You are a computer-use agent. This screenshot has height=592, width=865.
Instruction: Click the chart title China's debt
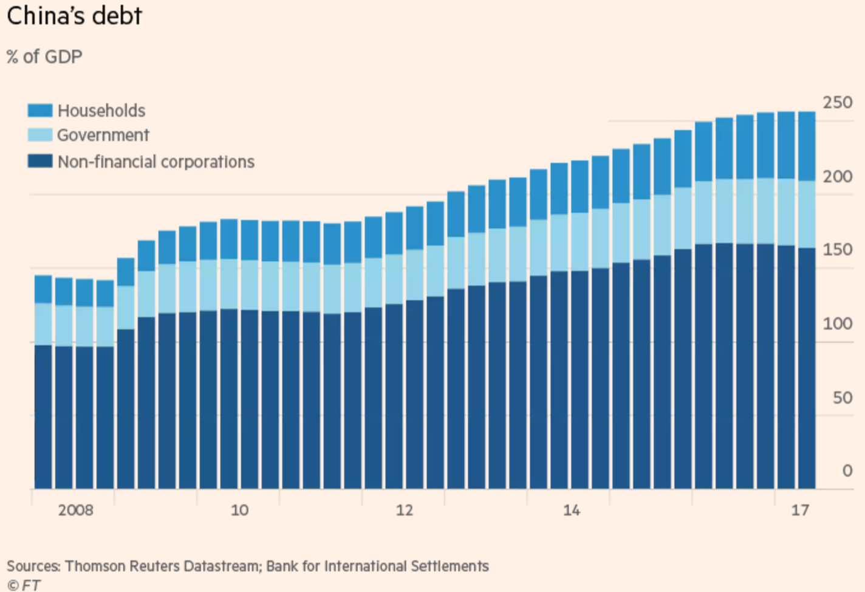[x=74, y=16]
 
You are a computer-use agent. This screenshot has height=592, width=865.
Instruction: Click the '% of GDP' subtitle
[x=44, y=57]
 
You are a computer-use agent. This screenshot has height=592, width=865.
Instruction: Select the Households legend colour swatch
[x=40, y=111]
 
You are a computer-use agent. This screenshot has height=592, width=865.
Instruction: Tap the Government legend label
[x=103, y=135]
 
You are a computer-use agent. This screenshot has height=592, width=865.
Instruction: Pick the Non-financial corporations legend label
[x=156, y=162]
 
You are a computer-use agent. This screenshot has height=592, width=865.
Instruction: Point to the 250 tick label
[x=838, y=103]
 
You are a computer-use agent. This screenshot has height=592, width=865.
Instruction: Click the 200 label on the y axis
[x=838, y=176]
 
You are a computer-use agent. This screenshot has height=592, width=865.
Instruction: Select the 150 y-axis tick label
[x=838, y=250]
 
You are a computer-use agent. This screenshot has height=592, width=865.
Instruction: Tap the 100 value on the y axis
[x=838, y=324]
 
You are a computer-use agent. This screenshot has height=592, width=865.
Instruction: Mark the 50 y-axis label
[x=843, y=398]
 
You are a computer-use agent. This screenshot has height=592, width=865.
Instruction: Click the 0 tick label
[x=847, y=470]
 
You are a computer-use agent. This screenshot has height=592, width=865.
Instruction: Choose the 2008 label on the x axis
[x=76, y=510]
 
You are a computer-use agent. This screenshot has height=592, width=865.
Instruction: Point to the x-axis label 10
[x=239, y=510]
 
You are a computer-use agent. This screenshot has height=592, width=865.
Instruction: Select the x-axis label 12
[x=405, y=510]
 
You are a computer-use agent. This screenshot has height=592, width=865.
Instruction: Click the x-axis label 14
[x=571, y=510]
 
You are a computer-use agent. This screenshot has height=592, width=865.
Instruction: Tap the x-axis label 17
[x=800, y=510]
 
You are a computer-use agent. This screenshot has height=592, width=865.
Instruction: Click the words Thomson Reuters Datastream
[x=162, y=566]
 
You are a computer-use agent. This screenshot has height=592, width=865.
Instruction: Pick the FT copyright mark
[x=24, y=585]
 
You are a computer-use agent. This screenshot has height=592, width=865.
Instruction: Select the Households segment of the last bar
[x=807, y=146]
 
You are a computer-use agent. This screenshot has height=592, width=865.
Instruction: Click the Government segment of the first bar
[x=43, y=324]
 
